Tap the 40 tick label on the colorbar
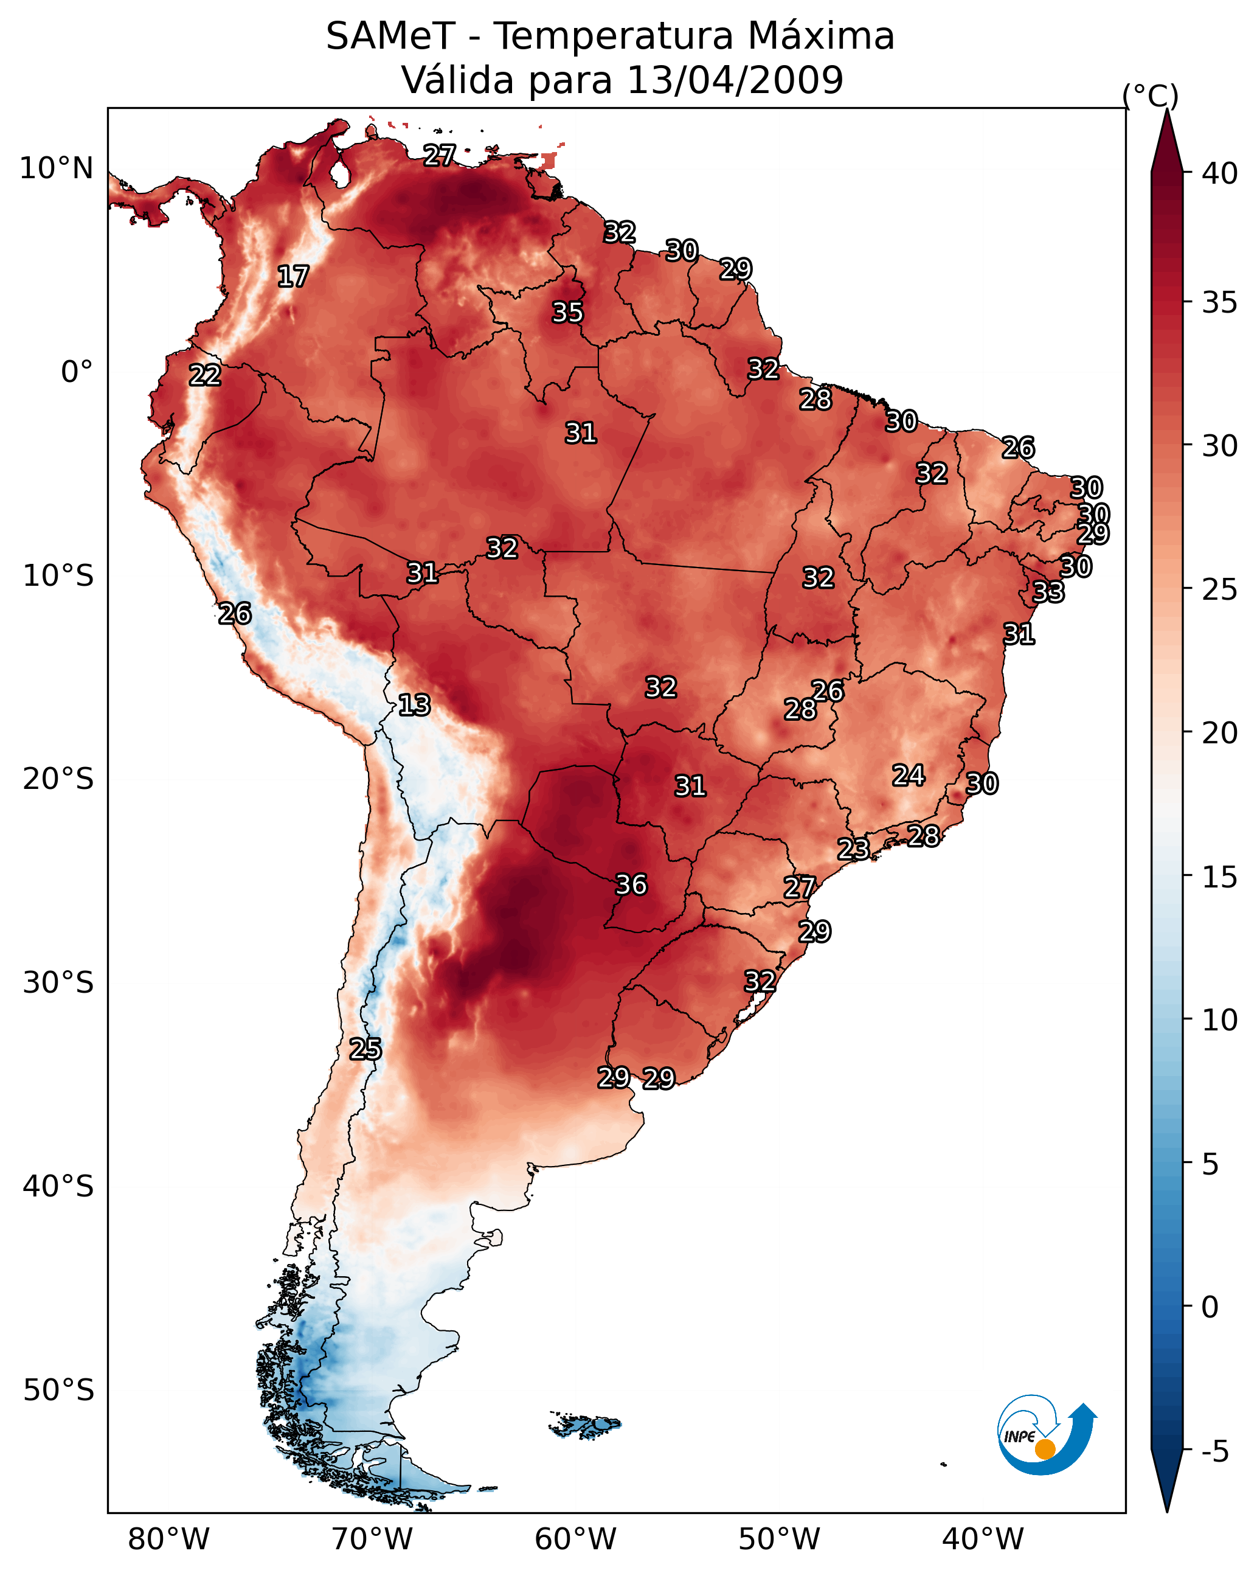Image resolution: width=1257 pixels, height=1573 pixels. (x=1220, y=173)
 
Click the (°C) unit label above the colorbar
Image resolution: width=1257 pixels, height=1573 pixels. (x=1151, y=95)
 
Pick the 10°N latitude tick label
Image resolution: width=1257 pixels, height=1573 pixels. (x=56, y=168)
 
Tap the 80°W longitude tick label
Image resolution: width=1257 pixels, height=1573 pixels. (x=168, y=1539)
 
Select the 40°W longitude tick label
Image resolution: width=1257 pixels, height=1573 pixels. (x=983, y=1539)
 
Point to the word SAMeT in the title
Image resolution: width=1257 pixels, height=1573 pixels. (x=391, y=36)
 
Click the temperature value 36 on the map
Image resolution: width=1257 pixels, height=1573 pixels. (x=632, y=885)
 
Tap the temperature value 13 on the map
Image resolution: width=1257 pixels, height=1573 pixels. (x=414, y=706)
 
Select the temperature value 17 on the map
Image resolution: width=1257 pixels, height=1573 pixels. (x=293, y=277)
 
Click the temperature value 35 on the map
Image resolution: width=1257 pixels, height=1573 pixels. (x=567, y=312)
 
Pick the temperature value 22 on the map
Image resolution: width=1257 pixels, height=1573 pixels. (x=205, y=375)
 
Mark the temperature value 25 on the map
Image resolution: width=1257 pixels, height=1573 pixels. (x=365, y=1049)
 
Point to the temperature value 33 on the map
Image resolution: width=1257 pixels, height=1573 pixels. (x=1049, y=592)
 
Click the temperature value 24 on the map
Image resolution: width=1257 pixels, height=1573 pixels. (x=909, y=775)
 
